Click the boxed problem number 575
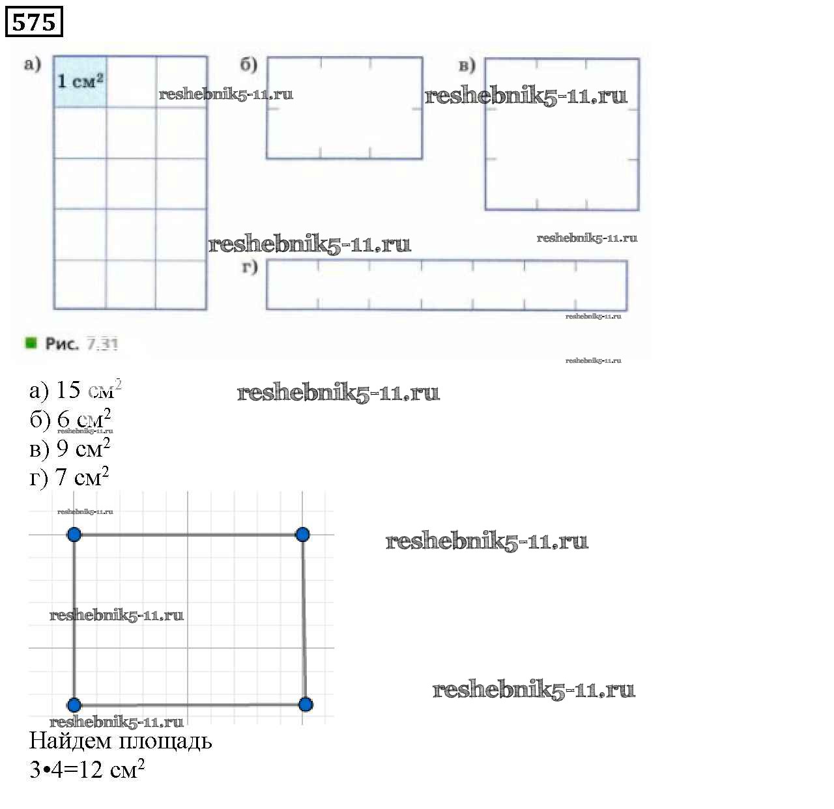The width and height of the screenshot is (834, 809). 34,22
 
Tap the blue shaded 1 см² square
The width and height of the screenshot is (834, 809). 80,81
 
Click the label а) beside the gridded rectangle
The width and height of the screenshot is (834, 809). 33,64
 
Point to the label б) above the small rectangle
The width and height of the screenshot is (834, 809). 249,64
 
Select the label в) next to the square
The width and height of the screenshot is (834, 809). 467,65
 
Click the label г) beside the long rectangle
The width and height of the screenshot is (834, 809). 250,266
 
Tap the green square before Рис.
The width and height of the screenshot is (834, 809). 31,343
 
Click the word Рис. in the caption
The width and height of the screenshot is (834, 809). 62,344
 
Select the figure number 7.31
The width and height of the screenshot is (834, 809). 102,344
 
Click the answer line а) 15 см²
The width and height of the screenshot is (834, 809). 75,390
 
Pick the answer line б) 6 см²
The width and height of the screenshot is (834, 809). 70,419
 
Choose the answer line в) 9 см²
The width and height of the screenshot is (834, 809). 70,448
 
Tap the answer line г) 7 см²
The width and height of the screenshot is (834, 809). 69,477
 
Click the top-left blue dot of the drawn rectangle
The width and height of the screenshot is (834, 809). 74,535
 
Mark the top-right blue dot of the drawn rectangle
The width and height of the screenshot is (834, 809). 302,535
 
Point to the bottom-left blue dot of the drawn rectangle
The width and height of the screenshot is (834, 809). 74,705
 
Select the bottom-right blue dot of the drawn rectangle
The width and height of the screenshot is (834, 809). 306,704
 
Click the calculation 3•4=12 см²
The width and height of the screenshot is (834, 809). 87,770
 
